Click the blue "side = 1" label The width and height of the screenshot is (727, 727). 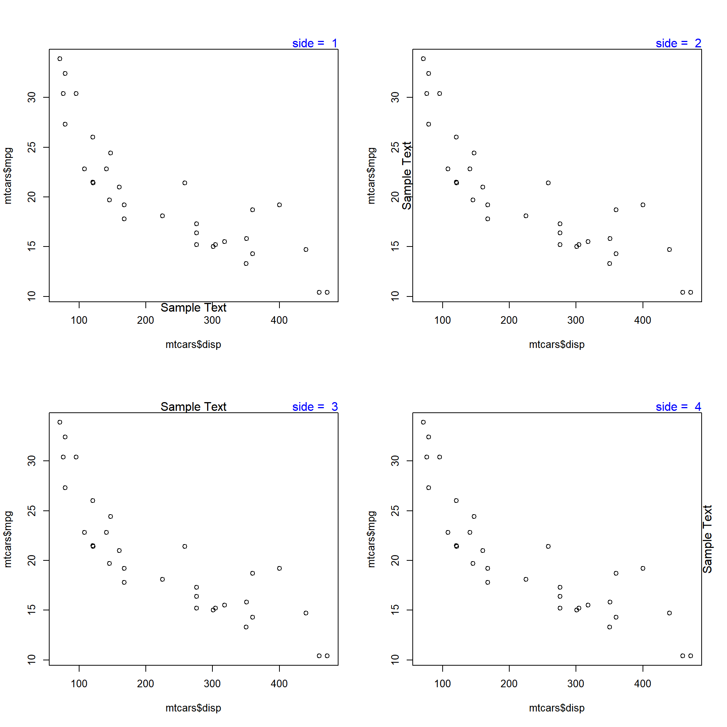(315, 43)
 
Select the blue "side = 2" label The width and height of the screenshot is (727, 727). (678, 43)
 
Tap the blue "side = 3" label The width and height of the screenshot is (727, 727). (315, 407)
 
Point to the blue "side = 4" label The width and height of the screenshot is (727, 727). (678, 407)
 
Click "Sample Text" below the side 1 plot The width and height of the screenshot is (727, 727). (193, 307)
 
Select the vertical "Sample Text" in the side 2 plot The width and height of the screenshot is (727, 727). (407, 176)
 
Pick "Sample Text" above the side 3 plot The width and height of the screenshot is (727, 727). (193, 407)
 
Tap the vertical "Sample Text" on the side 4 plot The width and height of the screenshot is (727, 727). (707, 539)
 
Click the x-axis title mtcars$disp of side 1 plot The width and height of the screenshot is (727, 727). (193, 345)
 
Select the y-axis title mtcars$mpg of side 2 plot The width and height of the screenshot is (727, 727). (371, 176)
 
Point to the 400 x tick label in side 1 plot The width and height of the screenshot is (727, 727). (279, 320)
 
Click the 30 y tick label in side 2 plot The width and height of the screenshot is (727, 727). (395, 97)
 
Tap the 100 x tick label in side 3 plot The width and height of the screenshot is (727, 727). (79, 684)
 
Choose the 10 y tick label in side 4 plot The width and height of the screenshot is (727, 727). (395, 660)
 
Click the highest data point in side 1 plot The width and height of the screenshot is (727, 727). (60, 59)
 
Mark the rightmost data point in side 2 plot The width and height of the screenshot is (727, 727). (691, 292)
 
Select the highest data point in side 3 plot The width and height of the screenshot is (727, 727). (60, 422)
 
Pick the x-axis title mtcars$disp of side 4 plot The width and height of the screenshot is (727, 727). (557, 708)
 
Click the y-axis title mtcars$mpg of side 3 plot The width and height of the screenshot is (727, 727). (8, 539)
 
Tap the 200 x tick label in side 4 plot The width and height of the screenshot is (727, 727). (509, 684)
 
